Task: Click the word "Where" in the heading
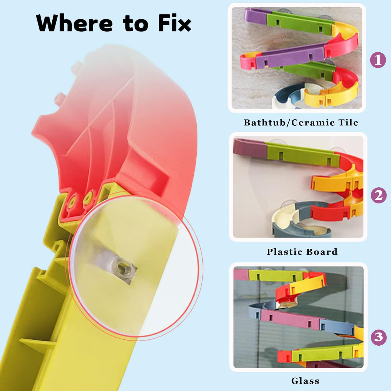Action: click(x=75, y=23)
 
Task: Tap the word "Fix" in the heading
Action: click(x=174, y=23)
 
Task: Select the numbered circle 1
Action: click(x=378, y=60)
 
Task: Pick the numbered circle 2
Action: click(x=379, y=195)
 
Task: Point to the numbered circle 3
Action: click(x=379, y=337)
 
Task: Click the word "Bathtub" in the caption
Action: click(x=264, y=123)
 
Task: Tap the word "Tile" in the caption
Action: click(x=348, y=122)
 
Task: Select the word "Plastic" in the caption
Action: click(x=284, y=252)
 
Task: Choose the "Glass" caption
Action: click(x=305, y=381)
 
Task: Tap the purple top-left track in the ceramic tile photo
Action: click(x=255, y=15)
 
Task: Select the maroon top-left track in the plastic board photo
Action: click(x=249, y=148)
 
